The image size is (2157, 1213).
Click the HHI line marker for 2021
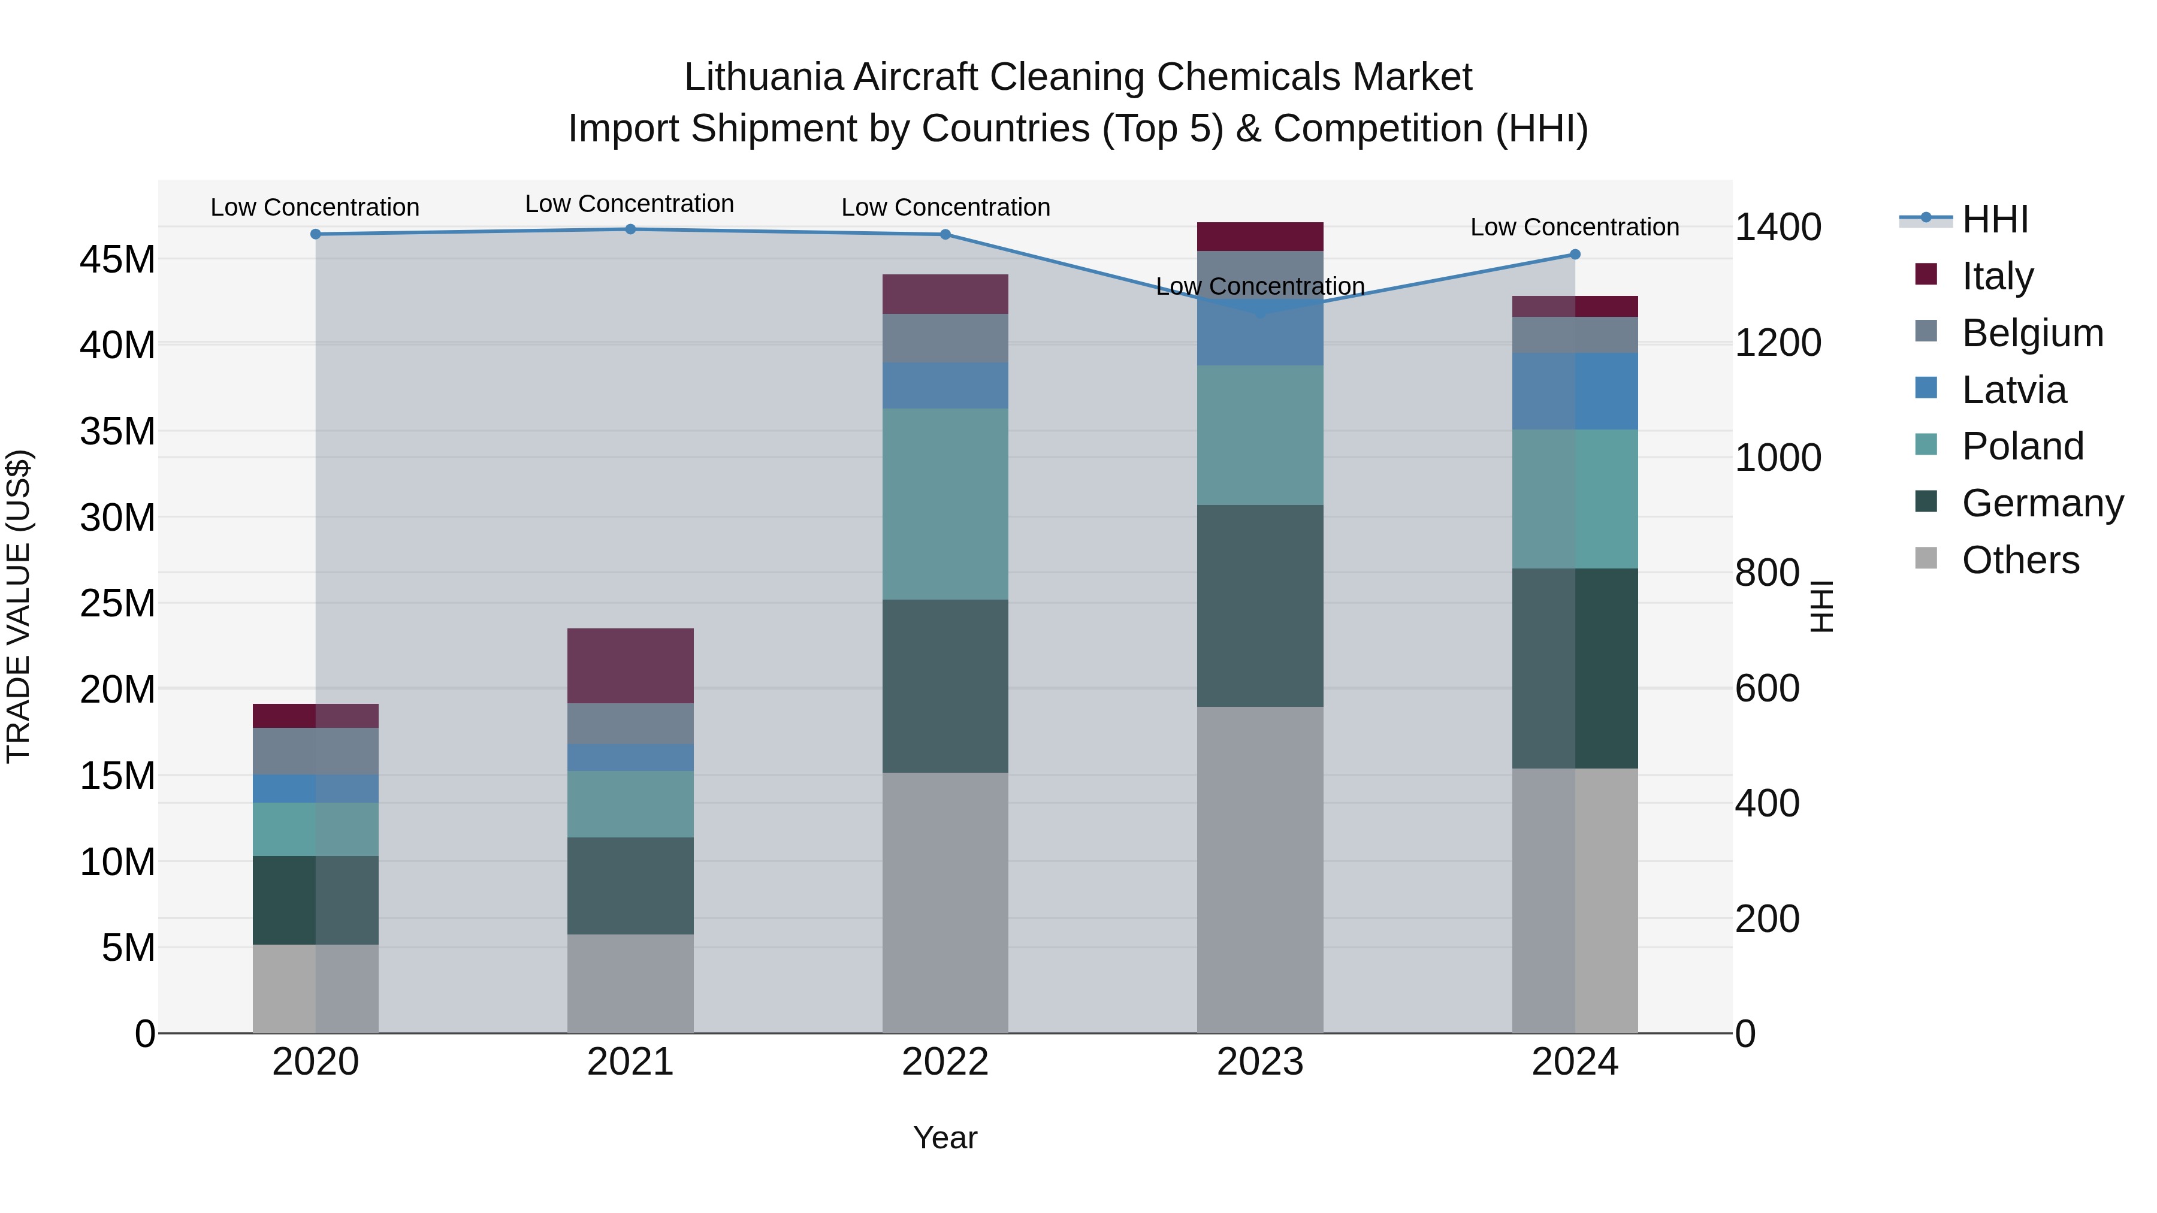630,229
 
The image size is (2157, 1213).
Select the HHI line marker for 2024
1575,255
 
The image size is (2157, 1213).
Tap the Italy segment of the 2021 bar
630,666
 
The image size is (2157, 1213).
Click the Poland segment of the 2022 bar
945,504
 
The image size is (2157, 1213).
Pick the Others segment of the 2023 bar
1260,870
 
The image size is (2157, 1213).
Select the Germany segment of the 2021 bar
630,886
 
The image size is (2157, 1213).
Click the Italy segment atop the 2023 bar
1260,237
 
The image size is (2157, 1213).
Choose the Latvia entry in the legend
2014,390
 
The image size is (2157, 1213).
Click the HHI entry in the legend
1995,219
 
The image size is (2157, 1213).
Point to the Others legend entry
2020,560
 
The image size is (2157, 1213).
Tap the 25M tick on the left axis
117,604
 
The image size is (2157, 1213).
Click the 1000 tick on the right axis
1778,458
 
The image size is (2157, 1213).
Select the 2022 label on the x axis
945,1062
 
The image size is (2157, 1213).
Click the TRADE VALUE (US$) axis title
19,606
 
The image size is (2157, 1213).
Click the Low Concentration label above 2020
315,207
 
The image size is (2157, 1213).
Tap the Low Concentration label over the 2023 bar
1260,286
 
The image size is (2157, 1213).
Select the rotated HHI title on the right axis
1822,606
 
